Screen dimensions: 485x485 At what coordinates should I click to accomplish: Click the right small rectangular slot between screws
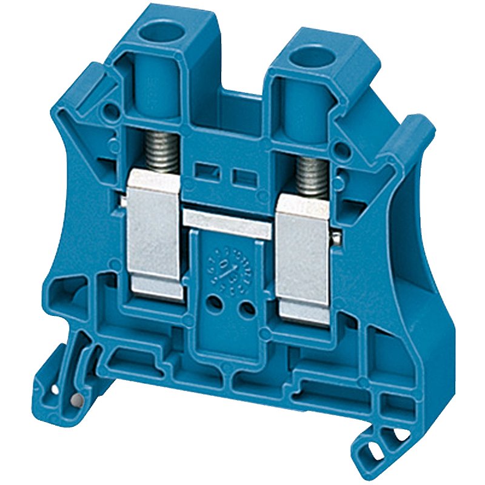[242, 176]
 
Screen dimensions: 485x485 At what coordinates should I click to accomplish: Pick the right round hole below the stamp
[247, 310]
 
